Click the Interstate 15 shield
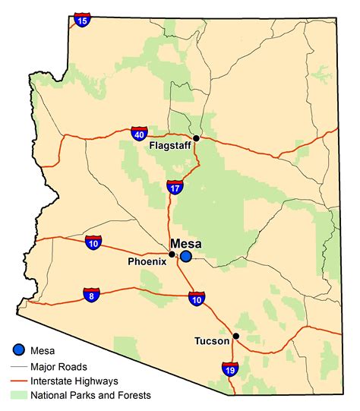tap(82, 21)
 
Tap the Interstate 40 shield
tap(138, 134)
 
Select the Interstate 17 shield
tap(174, 187)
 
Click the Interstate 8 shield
tap(91, 295)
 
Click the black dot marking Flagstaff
tap(196, 138)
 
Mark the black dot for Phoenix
tap(172, 254)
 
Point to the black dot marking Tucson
tap(235, 336)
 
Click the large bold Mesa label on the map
tap(187, 243)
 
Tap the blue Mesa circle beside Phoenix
tap(186, 256)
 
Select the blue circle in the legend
tap(19, 350)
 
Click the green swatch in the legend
tap(19, 395)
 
